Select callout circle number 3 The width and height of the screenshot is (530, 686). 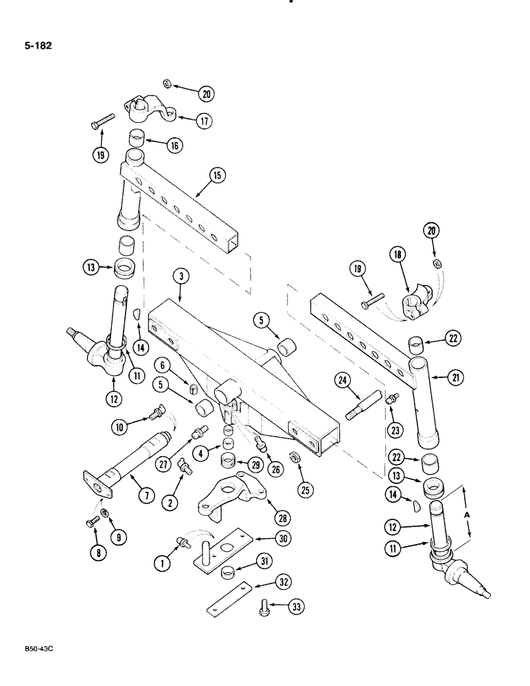pos(181,277)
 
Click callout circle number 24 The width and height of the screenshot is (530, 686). pos(344,379)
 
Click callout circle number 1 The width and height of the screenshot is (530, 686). pos(162,563)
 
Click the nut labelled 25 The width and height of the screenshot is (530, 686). pos(295,457)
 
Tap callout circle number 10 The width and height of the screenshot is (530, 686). pos(122,427)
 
